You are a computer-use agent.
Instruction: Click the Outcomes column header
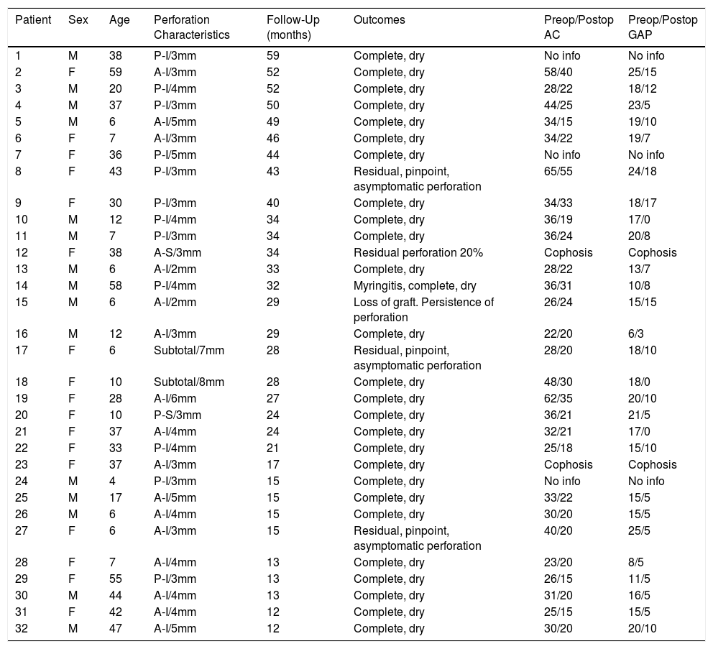tap(379, 20)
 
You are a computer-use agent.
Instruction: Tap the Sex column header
tap(78, 20)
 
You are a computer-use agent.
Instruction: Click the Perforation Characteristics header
tap(191, 27)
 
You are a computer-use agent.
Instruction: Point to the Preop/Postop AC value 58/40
tap(559, 72)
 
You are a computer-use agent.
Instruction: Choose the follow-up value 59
tap(273, 55)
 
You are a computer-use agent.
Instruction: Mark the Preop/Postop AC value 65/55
tap(559, 171)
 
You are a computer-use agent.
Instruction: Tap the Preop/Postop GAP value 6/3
tap(638, 333)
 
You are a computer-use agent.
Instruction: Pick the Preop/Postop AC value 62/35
tap(559, 398)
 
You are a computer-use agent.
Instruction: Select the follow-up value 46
tap(273, 138)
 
